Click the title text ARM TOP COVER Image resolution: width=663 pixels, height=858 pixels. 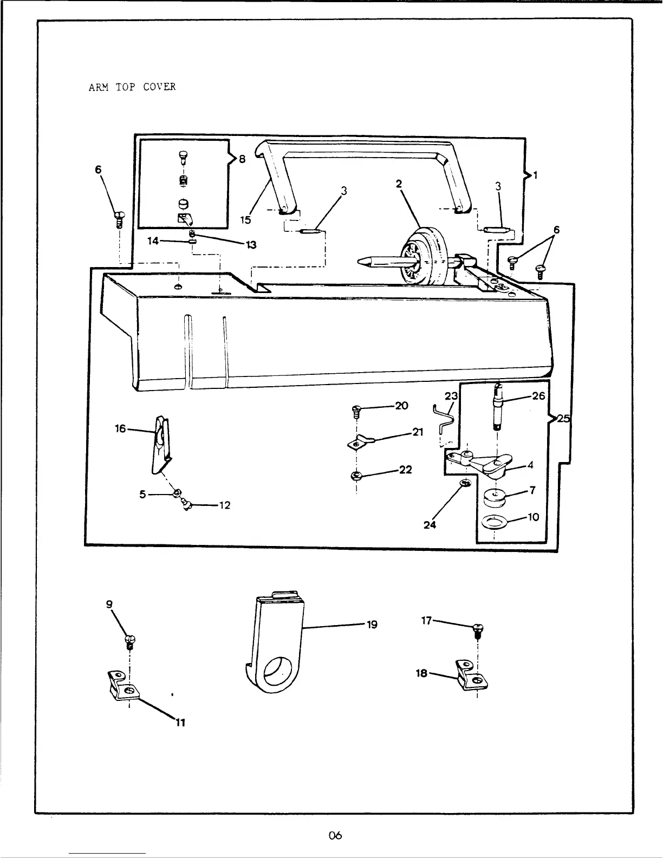[x=132, y=87]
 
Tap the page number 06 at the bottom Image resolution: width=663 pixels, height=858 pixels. [x=335, y=835]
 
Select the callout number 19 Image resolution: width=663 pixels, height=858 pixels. [x=372, y=625]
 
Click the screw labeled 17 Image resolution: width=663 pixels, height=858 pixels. [x=477, y=630]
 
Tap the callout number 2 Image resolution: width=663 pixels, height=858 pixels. [x=399, y=184]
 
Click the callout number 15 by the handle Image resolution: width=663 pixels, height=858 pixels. [x=246, y=220]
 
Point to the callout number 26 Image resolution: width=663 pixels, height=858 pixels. [x=538, y=396]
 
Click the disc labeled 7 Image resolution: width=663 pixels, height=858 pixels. [x=494, y=497]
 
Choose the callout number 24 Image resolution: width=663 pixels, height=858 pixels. [x=430, y=524]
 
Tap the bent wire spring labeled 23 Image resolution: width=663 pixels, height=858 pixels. [x=444, y=420]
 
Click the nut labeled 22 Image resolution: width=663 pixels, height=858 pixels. [x=356, y=476]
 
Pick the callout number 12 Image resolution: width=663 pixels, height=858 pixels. [x=225, y=505]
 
